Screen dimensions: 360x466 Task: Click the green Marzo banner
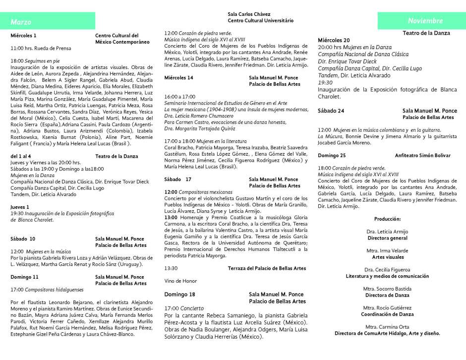pyautogui.click(x=52, y=22)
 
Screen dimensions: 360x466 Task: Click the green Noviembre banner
pyautogui.click(x=421, y=21)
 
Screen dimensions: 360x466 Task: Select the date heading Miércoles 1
pyautogui.click(x=24, y=36)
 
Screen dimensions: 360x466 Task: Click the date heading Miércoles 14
pyautogui.click(x=179, y=78)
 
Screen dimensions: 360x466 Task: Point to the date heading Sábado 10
pyautogui.click(x=23, y=239)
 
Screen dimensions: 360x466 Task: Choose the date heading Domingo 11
pyautogui.click(x=25, y=277)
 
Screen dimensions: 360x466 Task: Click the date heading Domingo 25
pyautogui.click(x=332, y=155)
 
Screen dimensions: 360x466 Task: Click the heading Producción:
pyautogui.click(x=387, y=219)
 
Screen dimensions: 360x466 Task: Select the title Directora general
pyautogui.click(x=387, y=238)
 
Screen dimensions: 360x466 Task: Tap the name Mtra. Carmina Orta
pyautogui.click(x=387, y=327)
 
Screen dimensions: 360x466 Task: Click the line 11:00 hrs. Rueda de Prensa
pyautogui.click(x=41, y=48)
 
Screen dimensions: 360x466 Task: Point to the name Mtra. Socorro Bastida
pyautogui.click(x=387, y=289)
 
